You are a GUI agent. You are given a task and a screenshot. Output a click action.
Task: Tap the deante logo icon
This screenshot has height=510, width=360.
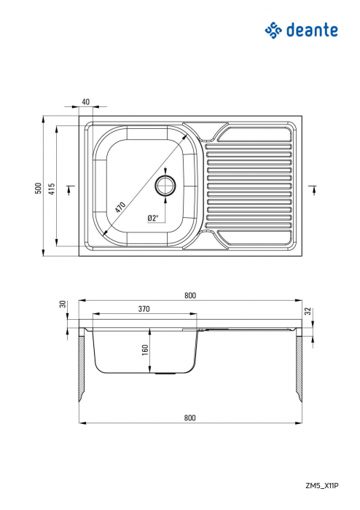point(273,30)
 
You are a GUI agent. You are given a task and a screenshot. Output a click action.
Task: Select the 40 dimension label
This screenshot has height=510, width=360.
point(86,101)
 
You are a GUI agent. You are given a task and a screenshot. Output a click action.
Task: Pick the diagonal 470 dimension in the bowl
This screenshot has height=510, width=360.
point(121,205)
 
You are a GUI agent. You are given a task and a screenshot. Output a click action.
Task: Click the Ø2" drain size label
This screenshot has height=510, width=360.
point(153,217)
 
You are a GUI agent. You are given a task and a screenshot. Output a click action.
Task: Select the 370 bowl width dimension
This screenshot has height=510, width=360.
point(144,309)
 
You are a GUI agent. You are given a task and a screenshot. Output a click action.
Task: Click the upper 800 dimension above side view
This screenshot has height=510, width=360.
point(189,295)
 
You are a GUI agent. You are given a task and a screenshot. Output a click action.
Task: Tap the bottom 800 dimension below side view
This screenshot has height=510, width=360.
point(189,418)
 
